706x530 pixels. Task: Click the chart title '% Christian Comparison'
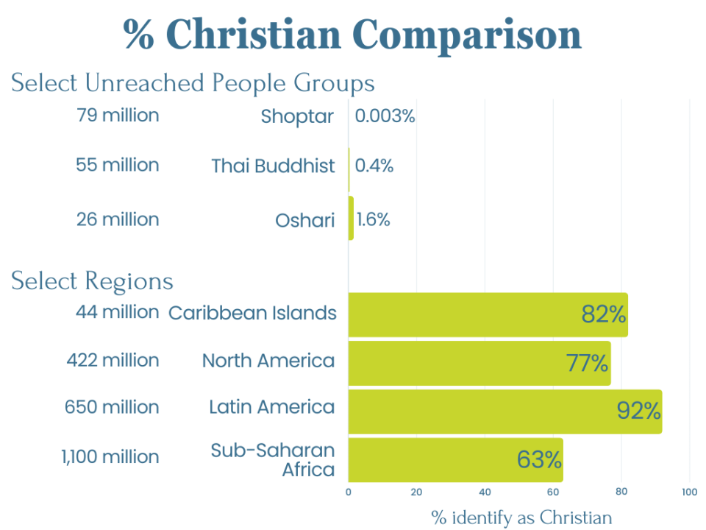coord(352,35)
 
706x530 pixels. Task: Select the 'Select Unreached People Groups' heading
coord(193,83)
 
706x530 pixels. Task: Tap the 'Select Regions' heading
coord(92,281)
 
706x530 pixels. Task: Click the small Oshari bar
coord(351,218)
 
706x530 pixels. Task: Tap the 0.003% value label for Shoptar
coord(385,116)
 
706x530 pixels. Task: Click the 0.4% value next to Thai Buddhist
coord(374,166)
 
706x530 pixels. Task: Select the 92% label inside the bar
coord(638,411)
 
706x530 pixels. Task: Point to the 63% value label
coord(539,460)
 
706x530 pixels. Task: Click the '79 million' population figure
coord(118,116)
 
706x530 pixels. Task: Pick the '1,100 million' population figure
coord(110,457)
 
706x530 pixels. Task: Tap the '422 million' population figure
coord(113,361)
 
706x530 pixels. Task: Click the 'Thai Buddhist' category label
coord(273,166)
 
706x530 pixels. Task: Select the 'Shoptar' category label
coord(297,116)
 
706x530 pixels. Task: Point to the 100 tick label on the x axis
coord(689,492)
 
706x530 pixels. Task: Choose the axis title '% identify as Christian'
coord(521,517)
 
